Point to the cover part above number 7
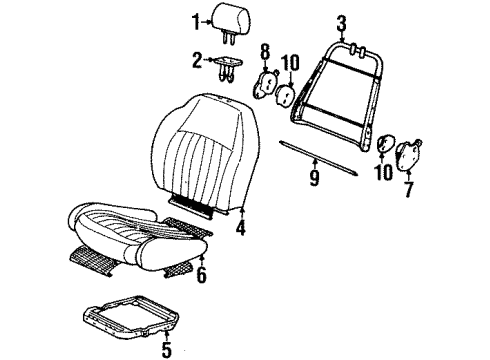[x=410, y=156]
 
